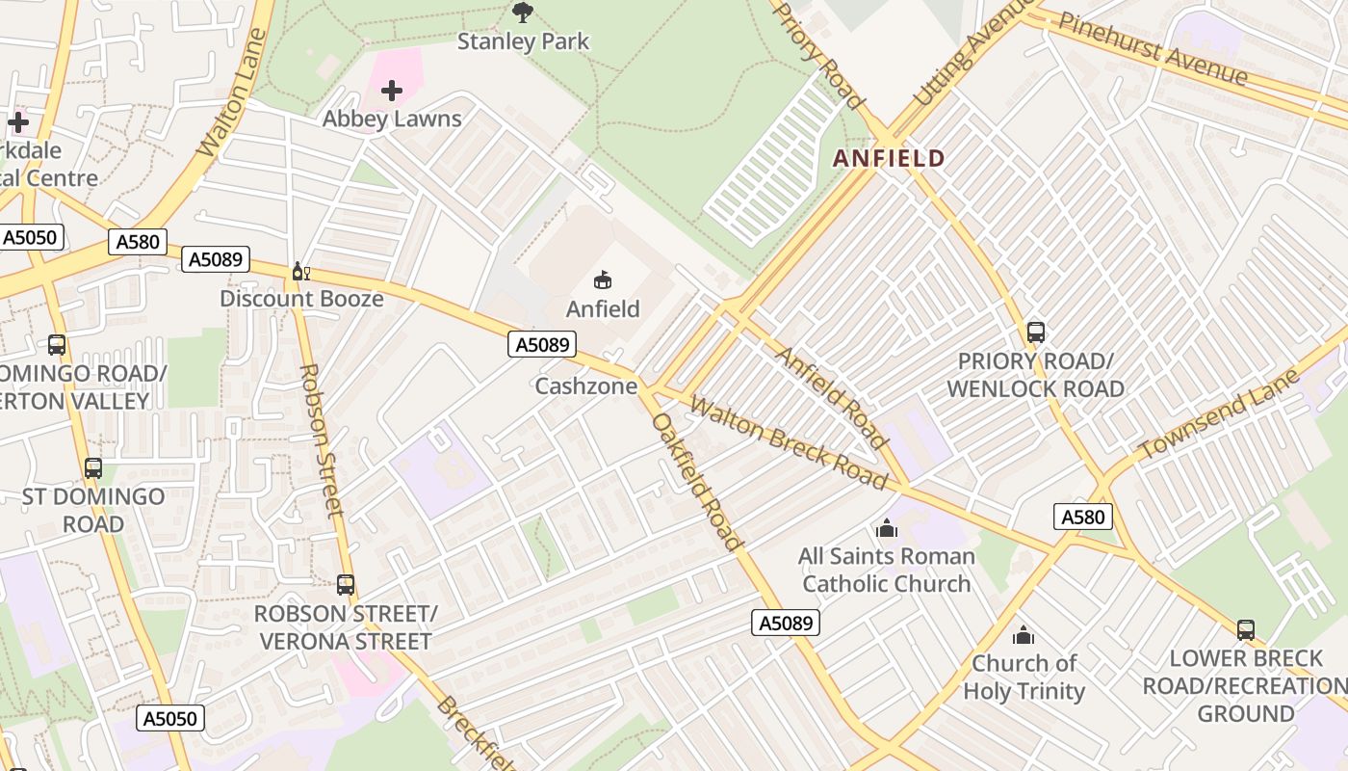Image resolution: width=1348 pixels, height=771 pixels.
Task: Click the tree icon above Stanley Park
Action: (x=523, y=13)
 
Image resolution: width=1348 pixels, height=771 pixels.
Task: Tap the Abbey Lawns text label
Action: (x=392, y=120)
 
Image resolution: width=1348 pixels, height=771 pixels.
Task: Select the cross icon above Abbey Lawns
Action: (x=392, y=92)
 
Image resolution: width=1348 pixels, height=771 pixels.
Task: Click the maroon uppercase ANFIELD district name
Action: (x=889, y=158)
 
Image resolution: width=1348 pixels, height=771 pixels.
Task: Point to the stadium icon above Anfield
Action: (x=603, y=280)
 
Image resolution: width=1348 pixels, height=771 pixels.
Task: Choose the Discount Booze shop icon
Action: (x=300, y=272)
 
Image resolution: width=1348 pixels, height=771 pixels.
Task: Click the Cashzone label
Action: (x=586, y=386)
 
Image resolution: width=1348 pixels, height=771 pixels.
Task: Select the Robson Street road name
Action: (x=322, y=440)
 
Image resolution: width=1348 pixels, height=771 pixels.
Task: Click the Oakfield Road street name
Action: (x=697, y=482)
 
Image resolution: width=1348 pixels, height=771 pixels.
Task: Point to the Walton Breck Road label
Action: (x=789, y=443)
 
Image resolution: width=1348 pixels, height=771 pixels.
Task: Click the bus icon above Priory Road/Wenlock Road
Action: (x=1036, y=332)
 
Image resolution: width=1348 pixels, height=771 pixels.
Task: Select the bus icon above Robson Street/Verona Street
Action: (x=346, y=585)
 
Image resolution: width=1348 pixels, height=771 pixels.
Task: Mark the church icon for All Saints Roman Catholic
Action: (x=887, y=528)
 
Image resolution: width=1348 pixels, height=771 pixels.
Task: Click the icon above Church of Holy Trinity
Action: (x=1024, y=635)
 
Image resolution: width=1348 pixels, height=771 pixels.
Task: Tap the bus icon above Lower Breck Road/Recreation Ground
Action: (x=1246, y=630)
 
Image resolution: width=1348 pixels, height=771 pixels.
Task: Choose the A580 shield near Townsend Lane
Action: (x=1083, y=517)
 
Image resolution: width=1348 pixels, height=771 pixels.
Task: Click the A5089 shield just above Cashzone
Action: (x=542, y=344)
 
